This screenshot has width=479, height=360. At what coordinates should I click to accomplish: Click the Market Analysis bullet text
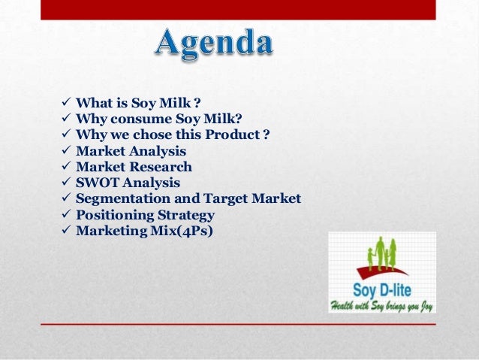132,151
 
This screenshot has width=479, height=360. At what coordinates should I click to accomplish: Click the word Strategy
184,215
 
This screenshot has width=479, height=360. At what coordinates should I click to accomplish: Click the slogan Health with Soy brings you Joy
381,305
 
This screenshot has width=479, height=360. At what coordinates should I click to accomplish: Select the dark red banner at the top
238,9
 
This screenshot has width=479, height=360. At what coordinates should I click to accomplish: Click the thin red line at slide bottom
238,323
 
